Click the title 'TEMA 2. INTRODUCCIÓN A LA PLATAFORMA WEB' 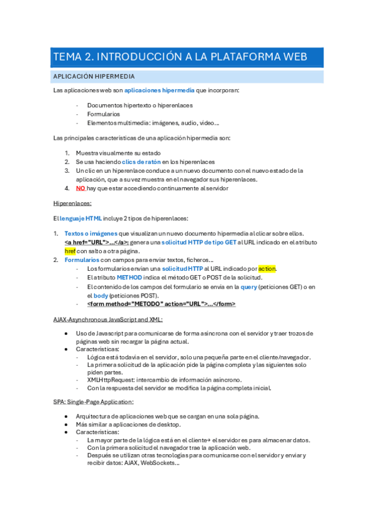[x=180, y=57]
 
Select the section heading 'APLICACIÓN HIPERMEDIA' [x=94, y=77]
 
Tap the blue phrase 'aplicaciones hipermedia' [x=159, y=91]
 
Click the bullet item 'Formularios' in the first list [x=104, y=114]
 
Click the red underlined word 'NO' [x=81, y=188]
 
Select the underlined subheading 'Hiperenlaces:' [x=72, y=203]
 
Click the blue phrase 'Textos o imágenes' [x=91, y=233]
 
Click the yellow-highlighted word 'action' [x=267, y=269]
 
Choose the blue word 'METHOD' [x=130, y=278]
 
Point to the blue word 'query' [x=249, y=286]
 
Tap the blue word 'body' [x=101, y=295]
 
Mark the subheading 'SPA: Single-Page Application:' [x=94, y=402]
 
